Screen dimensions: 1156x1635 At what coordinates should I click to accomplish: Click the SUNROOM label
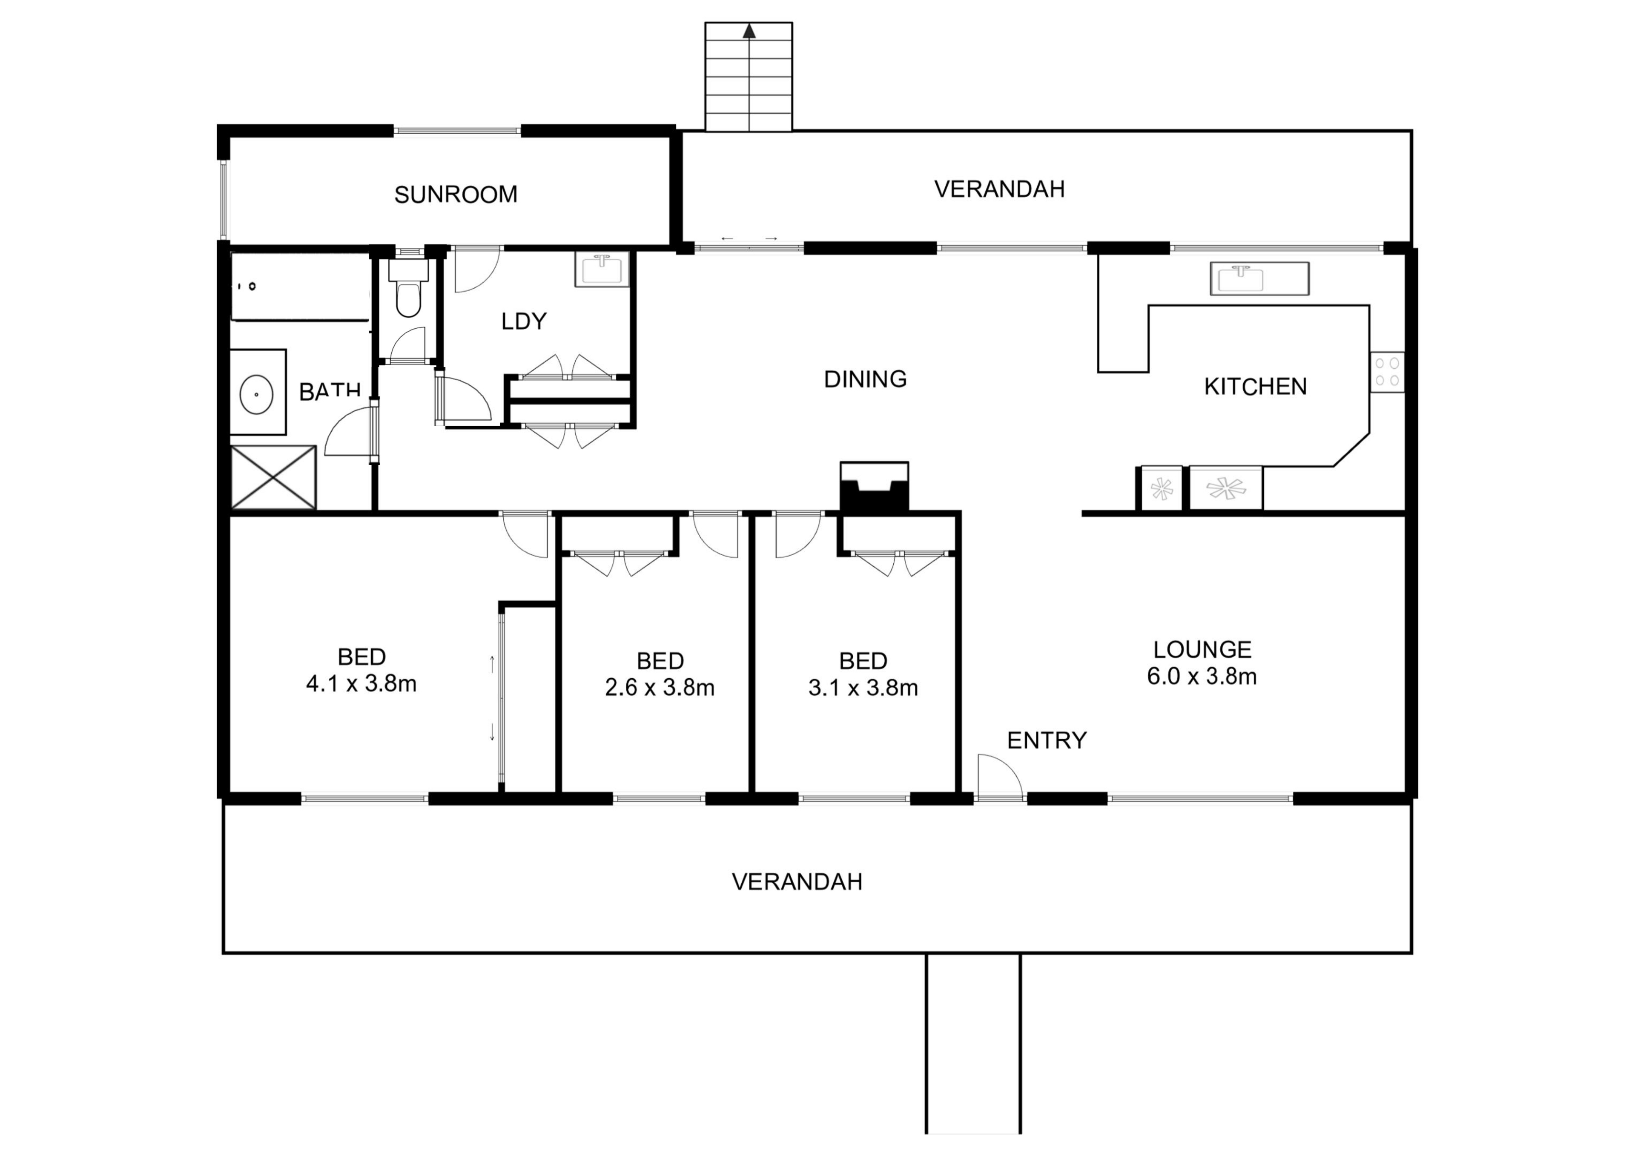coord(456,195)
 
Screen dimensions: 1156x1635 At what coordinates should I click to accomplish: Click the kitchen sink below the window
coord(1259,278)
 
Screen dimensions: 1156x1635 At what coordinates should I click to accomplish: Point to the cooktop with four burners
coord(1386,372)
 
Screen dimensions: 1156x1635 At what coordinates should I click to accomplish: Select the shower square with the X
coord(273,477)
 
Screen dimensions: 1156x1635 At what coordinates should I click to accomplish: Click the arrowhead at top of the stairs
coord(749,32)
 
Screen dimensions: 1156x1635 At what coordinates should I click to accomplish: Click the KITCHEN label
coord(1255,387)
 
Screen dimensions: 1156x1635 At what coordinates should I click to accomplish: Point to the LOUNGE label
coord(1202,650)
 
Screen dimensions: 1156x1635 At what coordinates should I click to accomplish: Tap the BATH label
coord(330,391)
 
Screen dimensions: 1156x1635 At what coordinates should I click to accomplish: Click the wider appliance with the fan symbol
coord(1225,489)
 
